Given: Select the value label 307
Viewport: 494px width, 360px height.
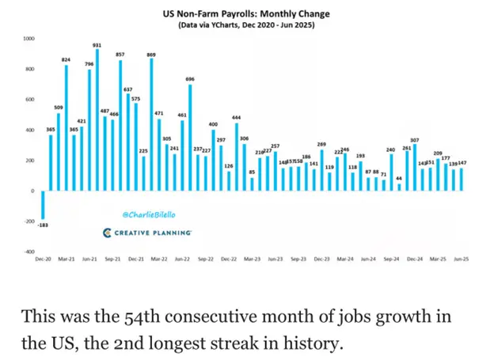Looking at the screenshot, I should [414, 139].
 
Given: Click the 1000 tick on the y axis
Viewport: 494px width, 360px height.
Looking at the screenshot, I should [28, 38].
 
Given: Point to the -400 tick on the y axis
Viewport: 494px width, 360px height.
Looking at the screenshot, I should [28, 251].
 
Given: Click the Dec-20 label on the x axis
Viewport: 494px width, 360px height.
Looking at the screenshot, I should [43, 259].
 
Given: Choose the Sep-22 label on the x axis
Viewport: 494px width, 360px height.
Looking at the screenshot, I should [206, 259].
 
